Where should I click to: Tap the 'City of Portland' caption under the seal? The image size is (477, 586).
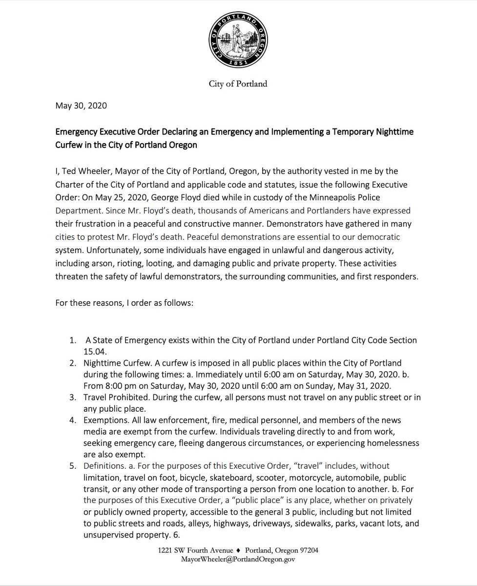point(239,84)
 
